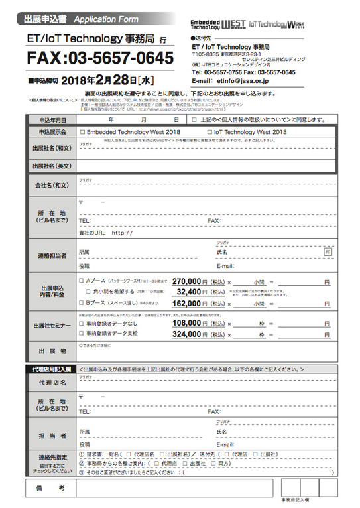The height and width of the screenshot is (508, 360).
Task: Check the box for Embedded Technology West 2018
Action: tap(82, 132)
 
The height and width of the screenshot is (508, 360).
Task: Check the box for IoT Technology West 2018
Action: tap(211, 132)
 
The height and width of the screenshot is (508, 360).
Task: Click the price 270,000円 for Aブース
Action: tap(190, 281)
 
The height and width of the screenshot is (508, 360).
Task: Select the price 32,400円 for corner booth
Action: tap(193, 290)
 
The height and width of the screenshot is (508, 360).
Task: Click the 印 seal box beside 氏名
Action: tap(327, 252)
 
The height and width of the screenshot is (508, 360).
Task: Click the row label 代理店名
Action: tap(52, 383)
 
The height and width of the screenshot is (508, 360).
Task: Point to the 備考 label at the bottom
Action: tap(52, 488)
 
